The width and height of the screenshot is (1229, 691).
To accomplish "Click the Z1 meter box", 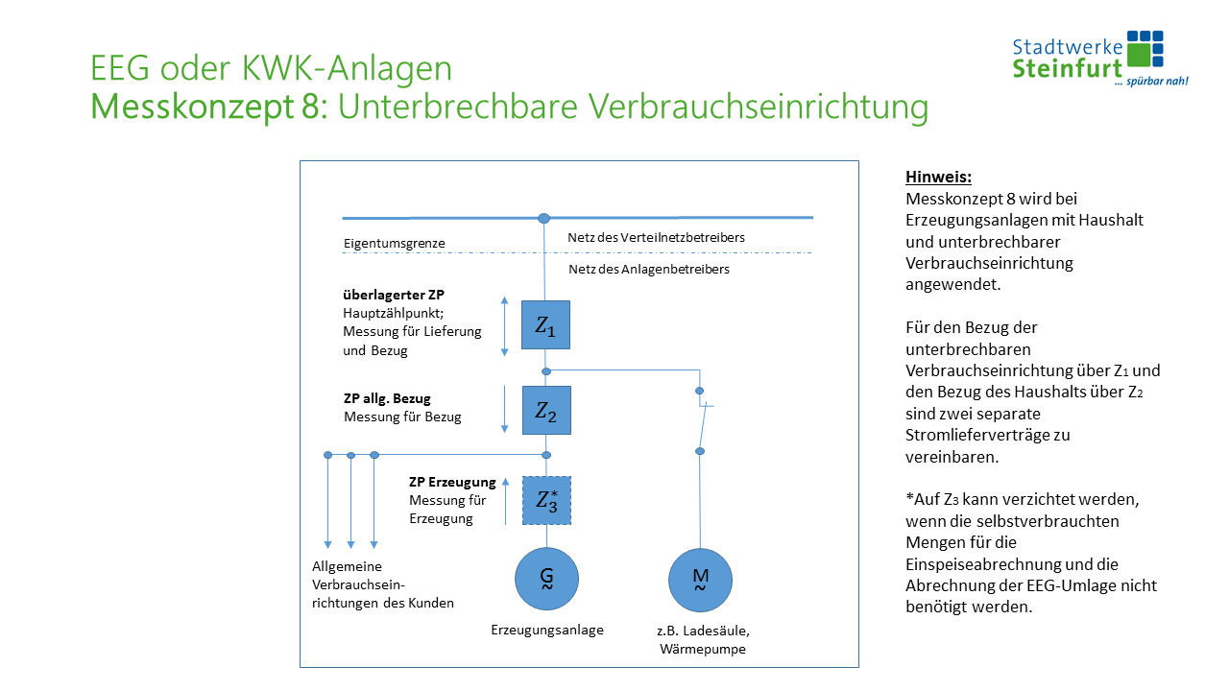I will coord(545,325).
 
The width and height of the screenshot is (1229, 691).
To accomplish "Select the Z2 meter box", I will coord(545,411).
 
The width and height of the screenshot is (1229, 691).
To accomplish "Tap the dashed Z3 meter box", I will coord(546,500).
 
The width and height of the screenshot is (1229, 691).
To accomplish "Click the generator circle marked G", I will coord(546,578).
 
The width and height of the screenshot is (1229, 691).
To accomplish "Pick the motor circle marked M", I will coord(700,579).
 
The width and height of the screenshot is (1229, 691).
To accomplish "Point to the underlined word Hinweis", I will coord(938,178).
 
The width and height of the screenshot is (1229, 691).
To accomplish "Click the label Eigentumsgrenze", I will coord(394,244).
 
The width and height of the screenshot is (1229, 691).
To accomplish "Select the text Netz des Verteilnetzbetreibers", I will coord(656,237).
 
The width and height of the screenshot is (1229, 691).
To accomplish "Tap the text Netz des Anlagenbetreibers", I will coord(649,270).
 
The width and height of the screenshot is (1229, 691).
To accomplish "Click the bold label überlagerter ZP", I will coord(394,294).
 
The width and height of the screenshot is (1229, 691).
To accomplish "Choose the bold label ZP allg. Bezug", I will coord(387,398).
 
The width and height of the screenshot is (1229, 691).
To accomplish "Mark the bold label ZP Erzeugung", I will coord(452,482).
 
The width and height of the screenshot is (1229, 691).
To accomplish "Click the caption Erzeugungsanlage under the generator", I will coord(547,631).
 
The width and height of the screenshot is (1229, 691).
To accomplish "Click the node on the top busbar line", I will coord(543,219).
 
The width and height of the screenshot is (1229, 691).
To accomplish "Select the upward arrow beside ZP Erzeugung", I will coord(506,500).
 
